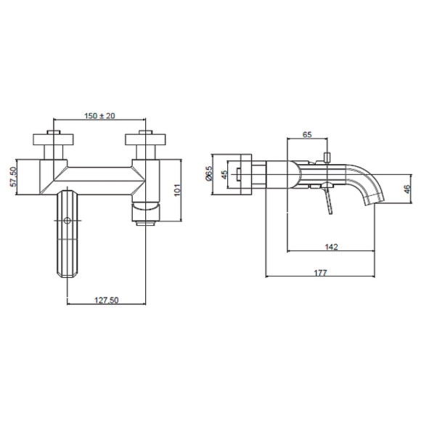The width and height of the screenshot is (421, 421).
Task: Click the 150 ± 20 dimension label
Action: pyautogui.click(x=99, y=115)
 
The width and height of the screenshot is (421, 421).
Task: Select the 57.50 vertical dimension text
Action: pyautogui.click(x=13, y=176)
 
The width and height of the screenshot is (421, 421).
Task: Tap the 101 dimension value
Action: pyautogui.click(x=178, y=190)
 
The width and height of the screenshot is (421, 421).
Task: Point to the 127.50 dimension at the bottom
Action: pyautogui.click(x=106, y=300)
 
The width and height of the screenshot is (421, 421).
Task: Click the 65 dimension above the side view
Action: pyautogui.click(x=307, y=134)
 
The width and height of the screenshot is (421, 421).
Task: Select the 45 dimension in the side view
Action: pyautogui.click(x=224, y=174)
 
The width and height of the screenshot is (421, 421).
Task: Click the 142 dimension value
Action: pyautogui.click(x=331, y=247)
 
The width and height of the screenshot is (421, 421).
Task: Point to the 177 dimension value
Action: pyautogui.click(x=321, y=272)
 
